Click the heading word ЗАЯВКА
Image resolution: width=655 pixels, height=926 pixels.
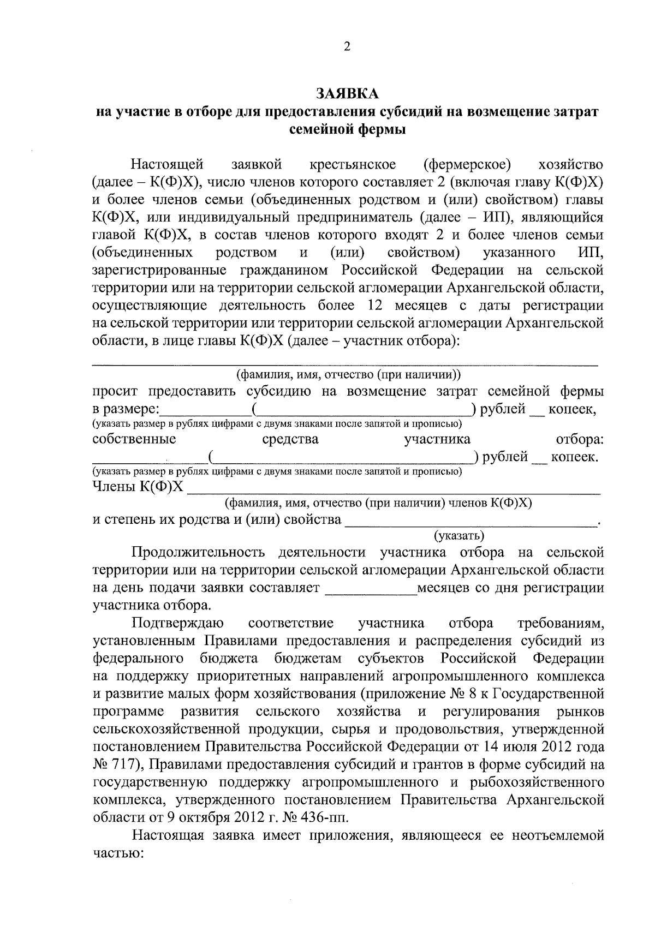(x=347, y=94)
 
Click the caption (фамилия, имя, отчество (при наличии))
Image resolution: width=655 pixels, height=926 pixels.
(x=348, y=375)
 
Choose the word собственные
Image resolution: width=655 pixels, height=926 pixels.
(x=134, y=439)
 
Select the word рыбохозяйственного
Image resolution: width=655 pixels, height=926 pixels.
(x=536, y=782)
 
